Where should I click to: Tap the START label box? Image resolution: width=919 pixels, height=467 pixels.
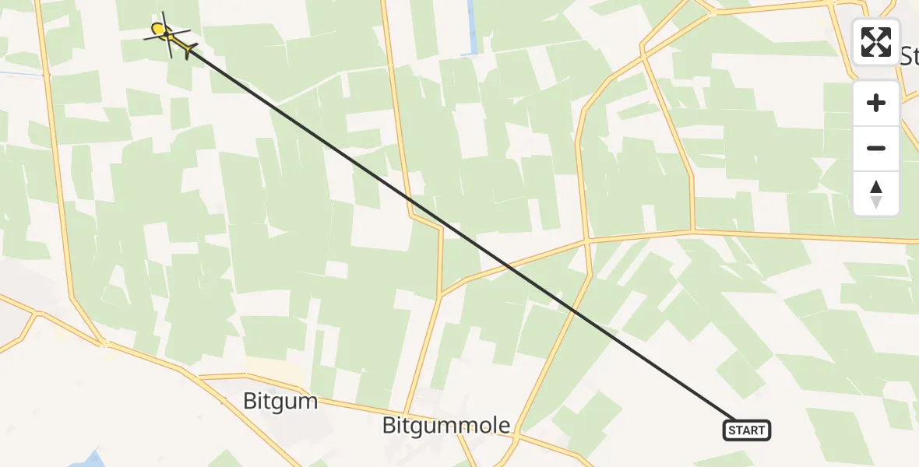click(747, 430)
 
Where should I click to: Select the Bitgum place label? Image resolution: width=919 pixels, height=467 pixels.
click(280, 402)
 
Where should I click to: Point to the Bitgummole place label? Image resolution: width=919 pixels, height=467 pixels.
click(446, 426)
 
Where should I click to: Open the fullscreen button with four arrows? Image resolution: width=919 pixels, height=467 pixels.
click(876, 42)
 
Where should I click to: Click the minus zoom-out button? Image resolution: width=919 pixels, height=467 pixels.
click(876, 148)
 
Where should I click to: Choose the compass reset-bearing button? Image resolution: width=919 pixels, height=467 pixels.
click(876, 194)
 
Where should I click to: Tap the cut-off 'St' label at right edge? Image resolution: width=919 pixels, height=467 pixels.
click(908, 56)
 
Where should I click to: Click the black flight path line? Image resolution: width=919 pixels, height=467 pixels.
click(459, 233)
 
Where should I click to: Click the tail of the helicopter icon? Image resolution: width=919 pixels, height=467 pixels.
click(189, 51)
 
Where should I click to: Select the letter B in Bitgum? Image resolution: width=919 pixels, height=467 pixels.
click(249, 402)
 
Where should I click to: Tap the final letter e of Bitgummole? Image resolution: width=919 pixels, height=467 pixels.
click(505, 427)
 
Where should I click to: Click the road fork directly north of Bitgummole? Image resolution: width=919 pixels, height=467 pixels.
click(440, 295)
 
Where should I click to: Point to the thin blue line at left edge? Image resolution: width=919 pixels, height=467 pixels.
click(19, 74)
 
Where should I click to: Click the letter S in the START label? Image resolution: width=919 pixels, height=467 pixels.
click(732, 430)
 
